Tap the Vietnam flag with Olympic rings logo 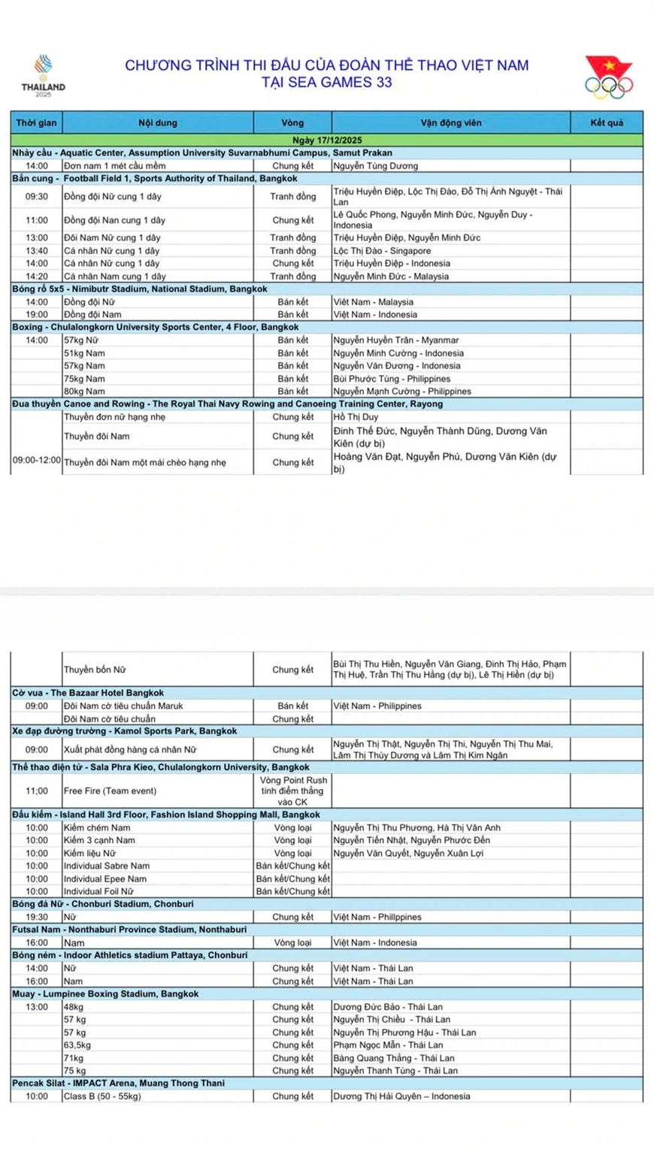[609, 77]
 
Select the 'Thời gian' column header [36, 122]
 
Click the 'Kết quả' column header [606, 122]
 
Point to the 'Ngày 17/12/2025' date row [326, 140]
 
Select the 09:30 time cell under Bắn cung [36, 196]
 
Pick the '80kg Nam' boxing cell [84, 391]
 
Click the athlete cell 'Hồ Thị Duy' [356, 416]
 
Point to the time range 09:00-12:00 [36, 459]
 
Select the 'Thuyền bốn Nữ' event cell [95, 670]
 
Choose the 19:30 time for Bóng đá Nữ [36, 917]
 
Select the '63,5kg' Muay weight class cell [77, 1045]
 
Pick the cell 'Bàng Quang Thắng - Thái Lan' [394, 1057]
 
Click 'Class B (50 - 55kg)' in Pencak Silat [101, 1096]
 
